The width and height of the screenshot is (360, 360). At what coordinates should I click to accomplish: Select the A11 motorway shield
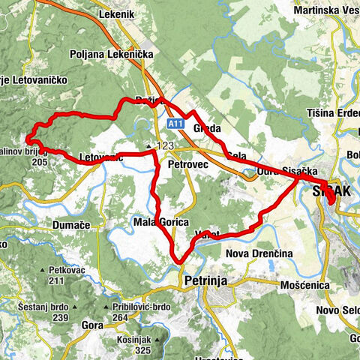175,122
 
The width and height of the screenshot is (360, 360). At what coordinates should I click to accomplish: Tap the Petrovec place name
187,162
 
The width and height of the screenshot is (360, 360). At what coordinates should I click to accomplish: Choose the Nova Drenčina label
259,254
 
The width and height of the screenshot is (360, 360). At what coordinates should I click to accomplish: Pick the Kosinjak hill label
139,339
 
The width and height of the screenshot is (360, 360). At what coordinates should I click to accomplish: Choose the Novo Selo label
336,311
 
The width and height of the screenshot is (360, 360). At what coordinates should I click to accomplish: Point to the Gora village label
92,327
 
